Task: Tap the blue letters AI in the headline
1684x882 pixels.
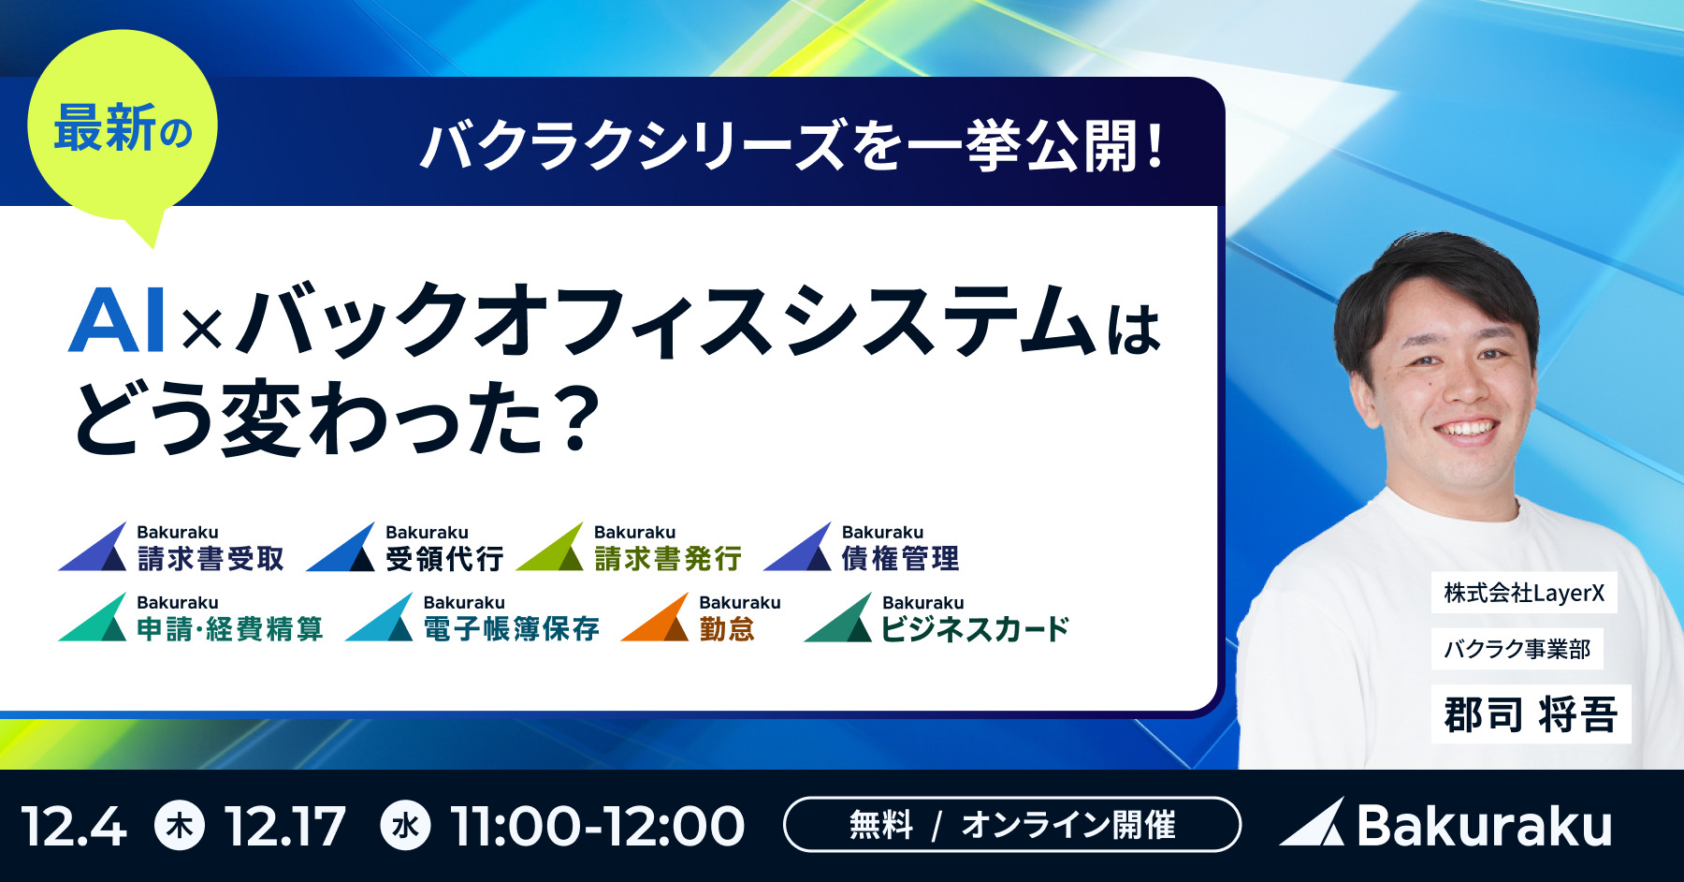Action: (x=118, y=320)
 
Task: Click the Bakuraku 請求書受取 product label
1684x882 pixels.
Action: (x=172, y=547)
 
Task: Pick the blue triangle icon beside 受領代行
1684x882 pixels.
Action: (x=341, y=547)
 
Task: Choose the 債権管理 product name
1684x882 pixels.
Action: (x=901, y=559)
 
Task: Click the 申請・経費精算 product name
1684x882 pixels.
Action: (x=230, y=628)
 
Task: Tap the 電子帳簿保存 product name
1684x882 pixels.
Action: (x=512, y=628)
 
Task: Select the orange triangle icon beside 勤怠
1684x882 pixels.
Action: (x=655, y=617)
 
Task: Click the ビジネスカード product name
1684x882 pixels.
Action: (x=976, y=628)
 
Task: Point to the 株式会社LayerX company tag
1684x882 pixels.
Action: (x=1524, y=593)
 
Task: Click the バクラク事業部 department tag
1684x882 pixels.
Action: (x=1517, y=649)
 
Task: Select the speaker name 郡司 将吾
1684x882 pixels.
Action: (x=1531, y=714)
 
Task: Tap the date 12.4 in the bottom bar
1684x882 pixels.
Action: (x=73, y=827)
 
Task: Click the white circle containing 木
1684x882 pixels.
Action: (x=180, y=825)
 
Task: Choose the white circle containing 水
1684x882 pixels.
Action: (x=406, y=825)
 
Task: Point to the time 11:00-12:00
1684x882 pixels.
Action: (x=597, y=827)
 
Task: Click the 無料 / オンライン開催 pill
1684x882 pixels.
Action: (x=1012, y=825)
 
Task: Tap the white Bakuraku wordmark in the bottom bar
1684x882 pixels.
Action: (x=1485, y=826)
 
